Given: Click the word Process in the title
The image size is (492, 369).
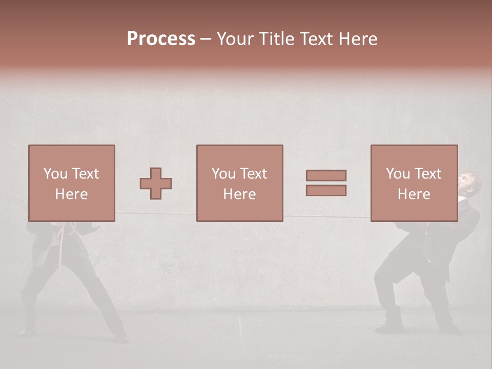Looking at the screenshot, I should (161, 39).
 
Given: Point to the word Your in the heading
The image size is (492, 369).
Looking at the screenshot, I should (237, 39).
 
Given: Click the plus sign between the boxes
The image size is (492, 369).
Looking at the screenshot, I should (156, 183).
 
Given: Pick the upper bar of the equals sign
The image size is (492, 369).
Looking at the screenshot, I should (326, 175).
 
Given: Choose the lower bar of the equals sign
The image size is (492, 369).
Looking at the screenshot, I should (326, 191).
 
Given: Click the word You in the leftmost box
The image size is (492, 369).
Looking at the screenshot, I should (55, 174).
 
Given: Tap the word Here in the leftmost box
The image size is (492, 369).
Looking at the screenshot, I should (71, 194).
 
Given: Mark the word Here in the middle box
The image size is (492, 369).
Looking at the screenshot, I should (239, 194).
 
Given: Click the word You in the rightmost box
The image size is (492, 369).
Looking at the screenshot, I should (398, 174).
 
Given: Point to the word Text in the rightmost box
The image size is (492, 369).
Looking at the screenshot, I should (428, 174).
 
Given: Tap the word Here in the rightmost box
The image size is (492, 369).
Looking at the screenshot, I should (414, 194).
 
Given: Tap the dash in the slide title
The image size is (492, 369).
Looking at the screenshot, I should (206, 39).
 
